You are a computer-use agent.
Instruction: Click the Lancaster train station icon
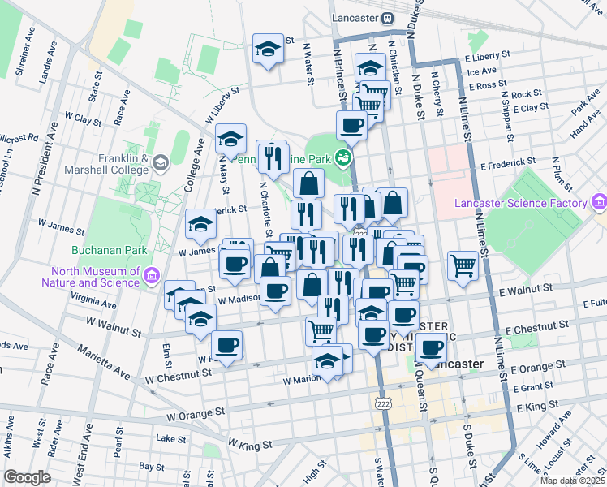[388, 18]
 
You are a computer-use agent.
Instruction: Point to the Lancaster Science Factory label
[520, 202]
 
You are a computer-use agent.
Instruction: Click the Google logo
[27, 476]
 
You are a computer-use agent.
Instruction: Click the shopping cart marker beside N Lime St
[463, 264]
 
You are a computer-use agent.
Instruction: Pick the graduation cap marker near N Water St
[267, 50]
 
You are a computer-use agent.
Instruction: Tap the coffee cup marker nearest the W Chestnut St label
[227, 346]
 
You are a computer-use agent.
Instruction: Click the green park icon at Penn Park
[344, 156]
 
